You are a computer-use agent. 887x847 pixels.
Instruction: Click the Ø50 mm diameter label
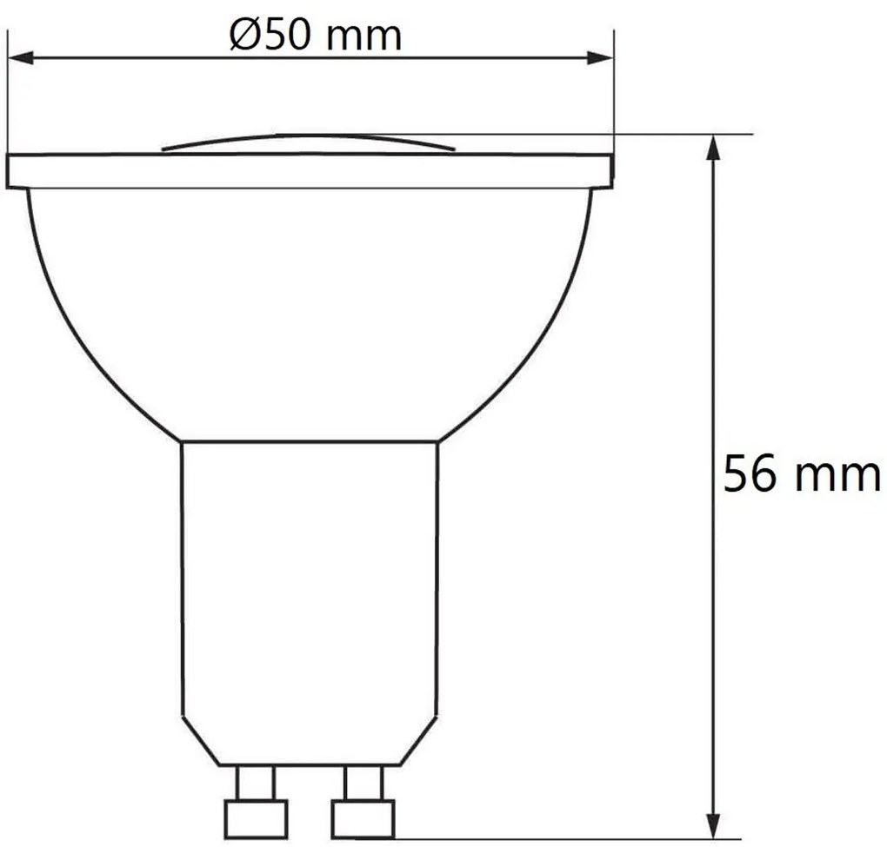[316, 36]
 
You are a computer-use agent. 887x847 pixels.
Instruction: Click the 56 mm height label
[802, 475]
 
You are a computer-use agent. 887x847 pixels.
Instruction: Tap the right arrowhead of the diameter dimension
[600, 58]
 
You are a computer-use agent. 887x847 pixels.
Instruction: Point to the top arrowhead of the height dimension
[713, 147]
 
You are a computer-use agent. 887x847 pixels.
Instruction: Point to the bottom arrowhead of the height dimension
[713, 826]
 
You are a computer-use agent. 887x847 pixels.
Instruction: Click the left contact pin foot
[256, 817]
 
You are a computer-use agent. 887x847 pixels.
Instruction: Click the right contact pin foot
[363, 817]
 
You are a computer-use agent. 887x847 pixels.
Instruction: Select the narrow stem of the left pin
[256, 783]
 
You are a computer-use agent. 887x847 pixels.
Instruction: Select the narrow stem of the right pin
[363, 783]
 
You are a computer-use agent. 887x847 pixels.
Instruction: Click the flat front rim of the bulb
[310, 171]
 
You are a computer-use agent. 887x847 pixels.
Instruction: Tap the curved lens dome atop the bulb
[310, 142]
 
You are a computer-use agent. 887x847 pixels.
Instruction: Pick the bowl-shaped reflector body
[310, 313]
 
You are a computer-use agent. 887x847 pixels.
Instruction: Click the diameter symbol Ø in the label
[244, 36]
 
